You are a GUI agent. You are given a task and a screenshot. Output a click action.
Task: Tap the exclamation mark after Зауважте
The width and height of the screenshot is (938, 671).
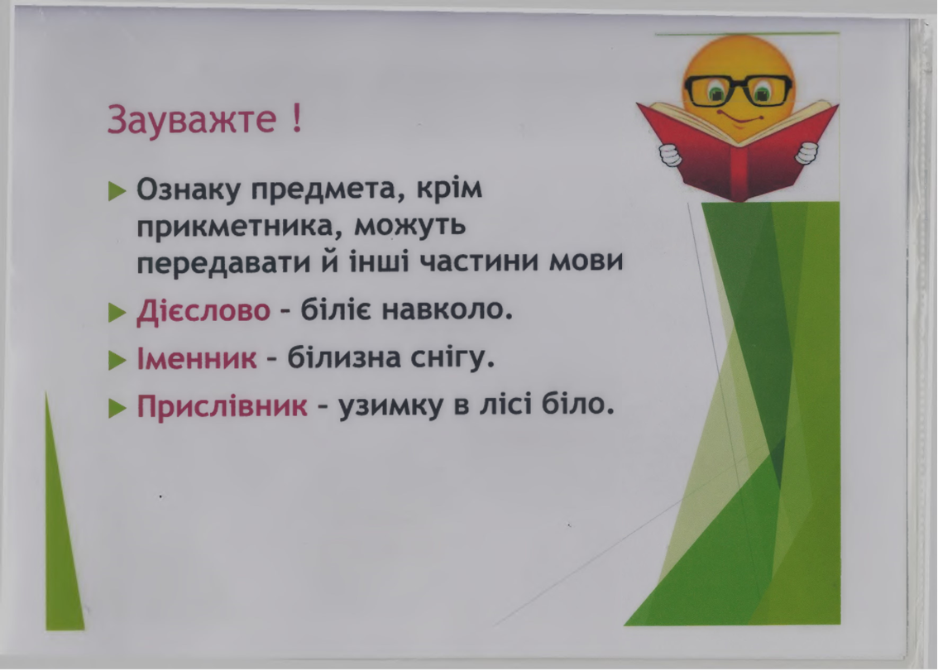(295, 121)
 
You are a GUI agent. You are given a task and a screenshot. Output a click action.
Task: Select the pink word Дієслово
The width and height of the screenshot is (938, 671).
(203, 312)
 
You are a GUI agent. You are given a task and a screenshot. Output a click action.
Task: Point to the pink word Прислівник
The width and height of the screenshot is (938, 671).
(222, 407)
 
